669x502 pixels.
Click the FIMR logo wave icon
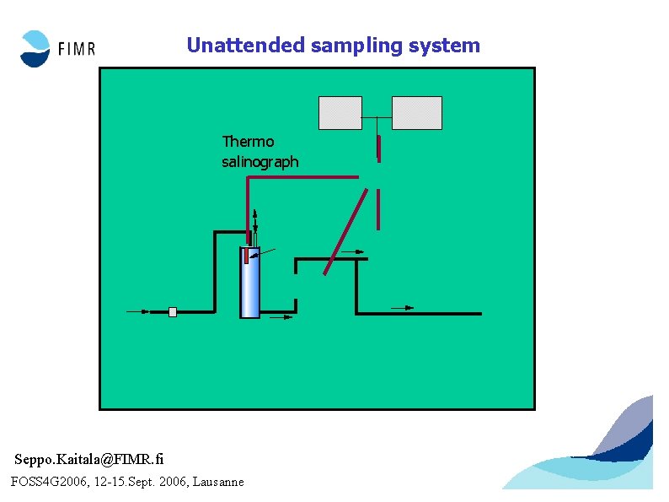click(x=36, y=48)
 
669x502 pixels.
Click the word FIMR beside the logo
click(x=76, y=50)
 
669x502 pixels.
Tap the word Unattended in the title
click(x=245, y=46)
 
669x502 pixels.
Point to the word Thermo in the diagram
click(x=248, y=141)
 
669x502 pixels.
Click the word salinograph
click(x=260, y=161)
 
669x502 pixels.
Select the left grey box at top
click(x=340, y=113)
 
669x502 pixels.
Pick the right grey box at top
click(x=416, y=113)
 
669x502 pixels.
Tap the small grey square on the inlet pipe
click(x=173, y=311)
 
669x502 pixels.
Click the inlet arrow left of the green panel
click(x=138, y=311)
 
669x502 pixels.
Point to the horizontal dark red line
click(x=303, y=177)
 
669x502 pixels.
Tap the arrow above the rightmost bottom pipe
click(x=404, y=308)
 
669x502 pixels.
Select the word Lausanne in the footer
click(x=218, y=482)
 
